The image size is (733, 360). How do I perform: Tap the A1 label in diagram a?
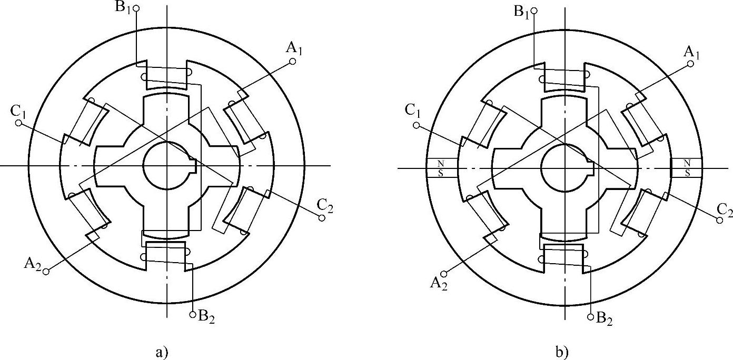pos(294,48)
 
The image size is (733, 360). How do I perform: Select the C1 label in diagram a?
pos(18,111)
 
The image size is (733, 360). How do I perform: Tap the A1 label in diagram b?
pos(691,51)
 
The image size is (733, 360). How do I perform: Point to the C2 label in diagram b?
pos(724,209)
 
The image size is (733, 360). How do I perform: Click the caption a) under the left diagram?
pos(162,352)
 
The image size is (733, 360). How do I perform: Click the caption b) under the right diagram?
pos(562,352)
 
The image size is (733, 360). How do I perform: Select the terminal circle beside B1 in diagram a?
pos(136,8)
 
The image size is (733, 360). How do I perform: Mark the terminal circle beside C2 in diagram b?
pos(720,221)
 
